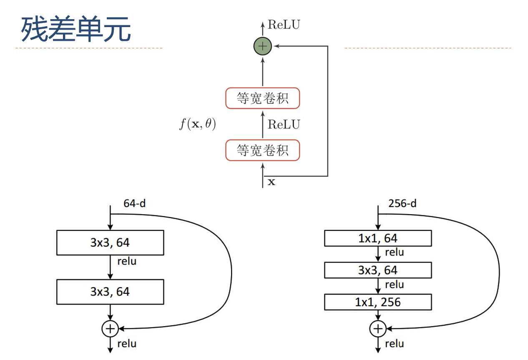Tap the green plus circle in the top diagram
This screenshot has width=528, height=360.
coord(262,46)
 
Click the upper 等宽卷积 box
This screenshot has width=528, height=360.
coord(262,98)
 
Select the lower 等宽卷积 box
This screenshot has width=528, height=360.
coord(262,150)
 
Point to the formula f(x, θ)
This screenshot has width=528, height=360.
coord(198,125)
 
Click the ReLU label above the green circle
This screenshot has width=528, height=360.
coord(284,25)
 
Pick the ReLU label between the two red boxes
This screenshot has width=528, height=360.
coord(284,125)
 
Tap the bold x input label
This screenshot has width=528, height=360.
coord(271,182)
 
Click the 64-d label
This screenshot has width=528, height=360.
coord(135,203)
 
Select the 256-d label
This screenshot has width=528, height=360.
coord(402,203)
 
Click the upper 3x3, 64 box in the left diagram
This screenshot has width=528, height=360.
coord(110,242)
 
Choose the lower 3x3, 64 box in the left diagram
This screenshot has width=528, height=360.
coord(110,292)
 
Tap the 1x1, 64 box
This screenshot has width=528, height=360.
coord(377,239)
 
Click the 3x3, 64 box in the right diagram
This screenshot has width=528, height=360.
coord(377,270)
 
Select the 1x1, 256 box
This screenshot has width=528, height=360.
coord(377,302)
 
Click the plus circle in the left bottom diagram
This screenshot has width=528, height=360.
coord(110,329)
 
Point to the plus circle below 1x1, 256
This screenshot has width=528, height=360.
coord(378,329)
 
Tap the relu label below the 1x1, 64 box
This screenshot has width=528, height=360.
coord(394,252)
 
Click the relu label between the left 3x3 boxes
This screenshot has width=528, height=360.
coord(127,262)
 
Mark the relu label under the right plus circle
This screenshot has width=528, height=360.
coord(394,344)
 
